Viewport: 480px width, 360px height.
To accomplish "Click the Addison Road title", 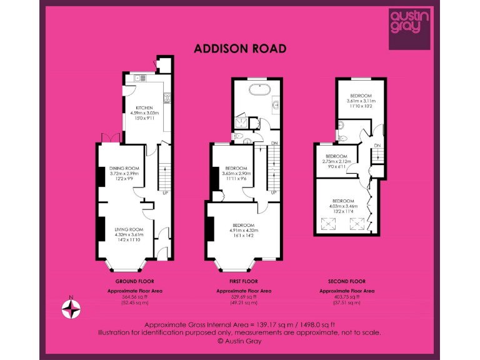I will (x=240, y=48).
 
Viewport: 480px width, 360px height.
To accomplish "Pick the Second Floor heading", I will (x=347, y=282).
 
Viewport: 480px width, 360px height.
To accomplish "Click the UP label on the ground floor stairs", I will (x=166, y=192).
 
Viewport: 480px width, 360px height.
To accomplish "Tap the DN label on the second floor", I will (x=377, y=146).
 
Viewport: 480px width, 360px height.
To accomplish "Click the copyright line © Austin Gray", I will (x=239, y=341).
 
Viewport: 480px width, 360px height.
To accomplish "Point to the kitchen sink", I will (x=141, y=78).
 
